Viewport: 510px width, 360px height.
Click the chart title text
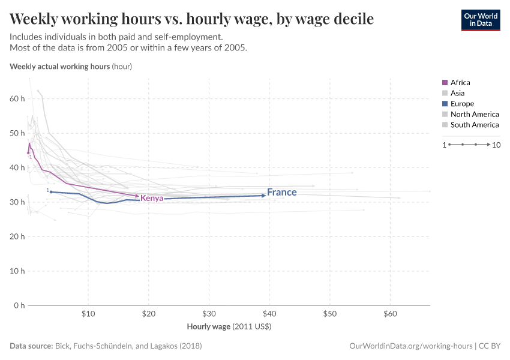[192, 19]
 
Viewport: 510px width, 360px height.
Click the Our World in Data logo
[480, 20]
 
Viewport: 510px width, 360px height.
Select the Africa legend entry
[460, 83]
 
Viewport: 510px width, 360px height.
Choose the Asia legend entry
[457, 93]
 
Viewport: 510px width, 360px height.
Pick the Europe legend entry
[462, 104]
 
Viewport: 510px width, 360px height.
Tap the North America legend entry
[474, 114]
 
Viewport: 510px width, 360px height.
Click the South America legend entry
[474, 125]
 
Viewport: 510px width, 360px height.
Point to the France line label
[282, 193]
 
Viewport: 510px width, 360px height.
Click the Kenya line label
[152, 198]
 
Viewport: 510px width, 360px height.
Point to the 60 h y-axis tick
[17, 98]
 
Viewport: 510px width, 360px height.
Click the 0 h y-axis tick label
[19, 305]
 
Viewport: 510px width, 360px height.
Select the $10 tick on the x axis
[88, 314]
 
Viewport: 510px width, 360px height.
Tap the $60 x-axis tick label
[390, 314]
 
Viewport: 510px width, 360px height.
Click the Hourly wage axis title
[229, 327]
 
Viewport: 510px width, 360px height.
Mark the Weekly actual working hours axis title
[71, 67]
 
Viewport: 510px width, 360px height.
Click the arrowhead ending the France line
[263, 195]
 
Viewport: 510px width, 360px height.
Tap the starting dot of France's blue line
[51, 192]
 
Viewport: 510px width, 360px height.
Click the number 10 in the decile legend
[496, 145]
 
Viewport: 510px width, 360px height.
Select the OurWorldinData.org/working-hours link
[410, 346]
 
